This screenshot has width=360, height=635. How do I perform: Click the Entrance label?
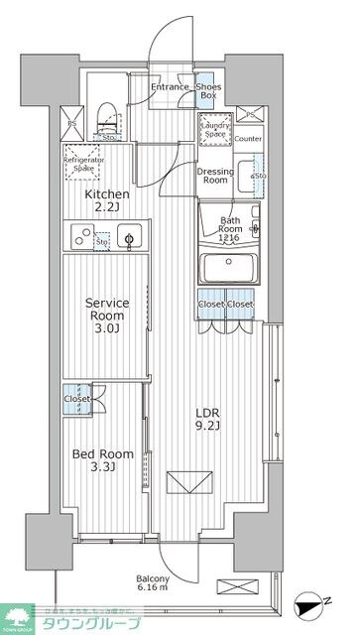(170, 87)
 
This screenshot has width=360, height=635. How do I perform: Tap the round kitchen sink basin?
(128, 237)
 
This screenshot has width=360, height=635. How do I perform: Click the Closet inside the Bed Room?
(76, 398)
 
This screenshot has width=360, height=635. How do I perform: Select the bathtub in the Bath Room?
(228, 269)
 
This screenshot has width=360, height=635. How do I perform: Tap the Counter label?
(249, 139)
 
